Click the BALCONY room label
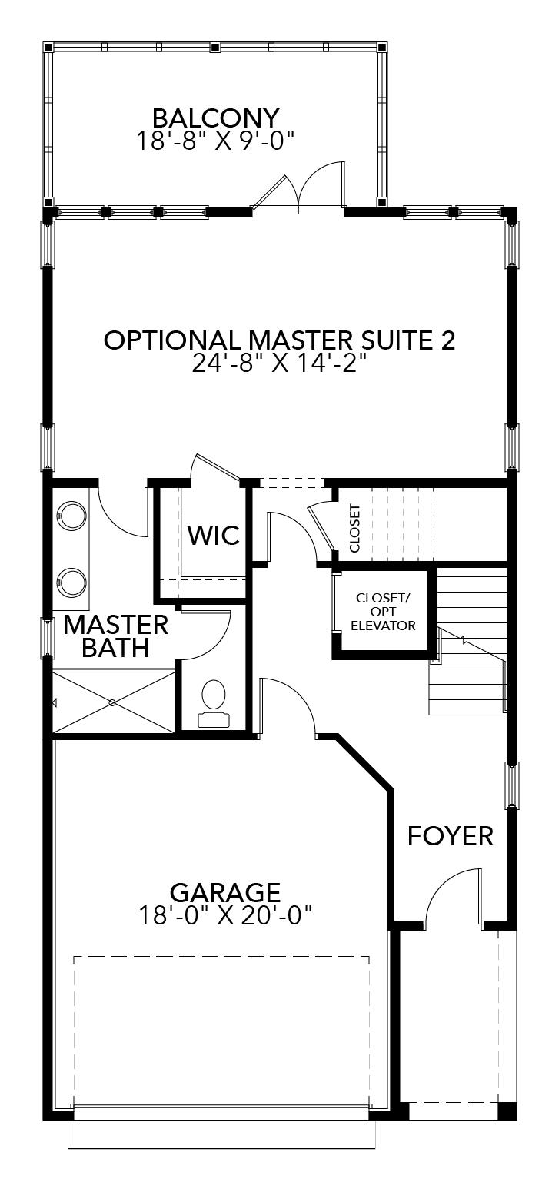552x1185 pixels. click(x=215, y=118)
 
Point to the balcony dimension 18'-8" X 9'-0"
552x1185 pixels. click(x=215, y=141)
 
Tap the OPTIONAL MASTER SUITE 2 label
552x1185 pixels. click(x=279, y=340)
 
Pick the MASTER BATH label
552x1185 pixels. click(x=115, y=636)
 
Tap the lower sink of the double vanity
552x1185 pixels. click(x=72, y=580)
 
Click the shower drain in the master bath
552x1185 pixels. click(x=112, y=702)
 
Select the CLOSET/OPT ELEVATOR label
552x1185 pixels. click(x=384, y=612)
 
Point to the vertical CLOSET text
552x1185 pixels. click(x=354, y=528)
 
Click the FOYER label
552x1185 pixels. click(x=450, y=835)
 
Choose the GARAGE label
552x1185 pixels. click(x=224, y=892)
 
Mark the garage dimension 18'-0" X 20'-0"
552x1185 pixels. click(x=224, y=915)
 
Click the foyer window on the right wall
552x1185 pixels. click(x=511, y=785)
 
